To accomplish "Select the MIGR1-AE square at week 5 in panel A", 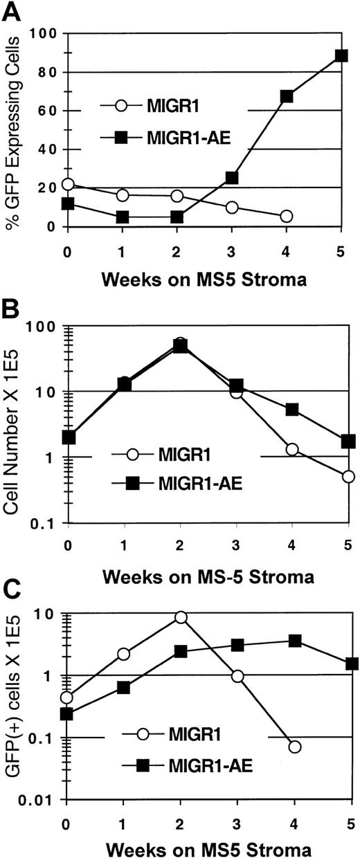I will click(341, 55).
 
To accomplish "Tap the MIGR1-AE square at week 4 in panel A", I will click(287, 96).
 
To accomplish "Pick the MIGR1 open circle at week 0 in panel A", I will click(67, 184).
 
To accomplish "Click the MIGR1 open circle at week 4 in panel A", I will click(287, 216).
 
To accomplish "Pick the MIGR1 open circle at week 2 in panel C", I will click(181, 617).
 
